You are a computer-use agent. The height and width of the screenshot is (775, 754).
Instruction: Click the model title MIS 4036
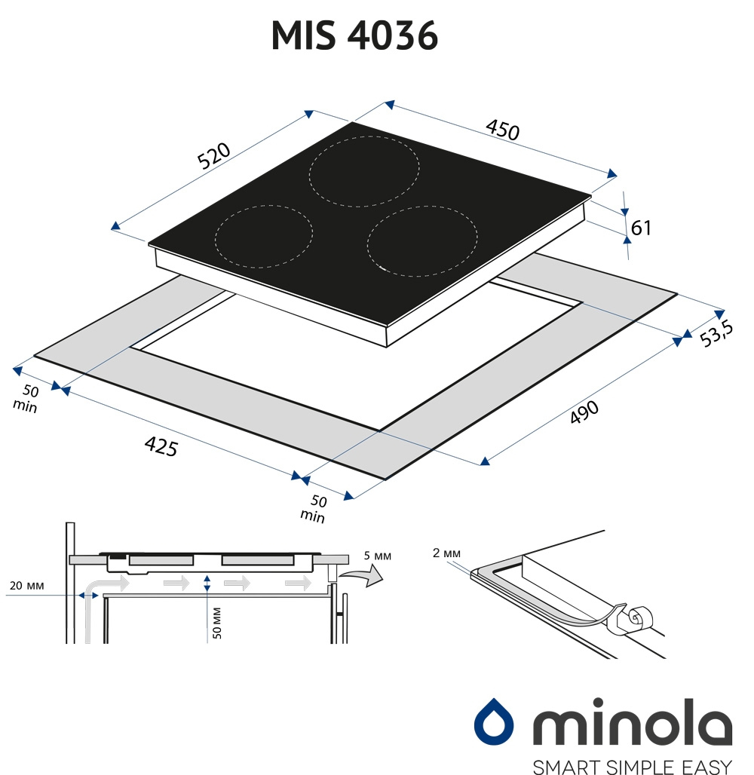(x=354, y=35)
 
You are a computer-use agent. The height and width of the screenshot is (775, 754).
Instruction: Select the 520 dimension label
(x=213, y=155)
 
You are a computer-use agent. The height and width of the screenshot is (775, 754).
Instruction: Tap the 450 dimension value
(x=502, y=130)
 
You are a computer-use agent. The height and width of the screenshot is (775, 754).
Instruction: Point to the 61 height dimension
(x=641, y=228)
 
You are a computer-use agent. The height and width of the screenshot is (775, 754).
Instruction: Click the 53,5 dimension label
(x=716, y=333)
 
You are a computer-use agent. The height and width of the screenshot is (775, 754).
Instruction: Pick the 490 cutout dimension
(x=584, y=412)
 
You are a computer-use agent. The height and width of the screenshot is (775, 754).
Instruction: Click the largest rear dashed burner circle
(x=364, y=171)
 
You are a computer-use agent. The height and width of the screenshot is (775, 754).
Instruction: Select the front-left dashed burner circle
(x=264, y=236)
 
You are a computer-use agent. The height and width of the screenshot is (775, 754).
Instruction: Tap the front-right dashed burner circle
(x=422, y=241)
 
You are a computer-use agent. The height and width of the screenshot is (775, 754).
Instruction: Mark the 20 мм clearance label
(x=26, y=586)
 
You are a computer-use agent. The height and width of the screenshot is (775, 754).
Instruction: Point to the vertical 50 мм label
(x=216, y=623)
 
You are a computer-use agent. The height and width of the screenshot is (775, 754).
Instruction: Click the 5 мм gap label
(x=377, y=556)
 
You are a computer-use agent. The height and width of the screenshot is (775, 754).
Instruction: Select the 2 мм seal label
(x=446, y=553)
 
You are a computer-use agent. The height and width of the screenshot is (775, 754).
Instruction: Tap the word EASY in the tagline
(x=707, y=767)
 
